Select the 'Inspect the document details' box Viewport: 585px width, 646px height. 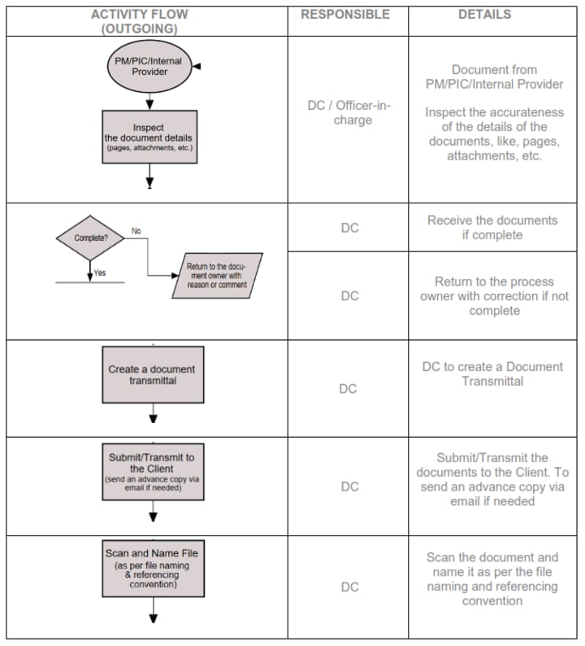coord(149,137)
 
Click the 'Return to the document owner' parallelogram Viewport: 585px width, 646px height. coord(218,275)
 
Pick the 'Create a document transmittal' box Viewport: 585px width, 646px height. coord(152,374)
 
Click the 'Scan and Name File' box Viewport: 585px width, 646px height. coord(152,568)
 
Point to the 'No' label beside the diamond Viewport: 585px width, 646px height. coord(136,231)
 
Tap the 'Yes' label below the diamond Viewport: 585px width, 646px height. coord(100,273)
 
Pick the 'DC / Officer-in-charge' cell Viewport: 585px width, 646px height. coord(346,112)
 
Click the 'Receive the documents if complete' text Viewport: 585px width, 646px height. coord(492,227)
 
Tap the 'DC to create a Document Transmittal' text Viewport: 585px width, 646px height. coord(492,373)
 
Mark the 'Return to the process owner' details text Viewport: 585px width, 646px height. coord(494,295)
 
